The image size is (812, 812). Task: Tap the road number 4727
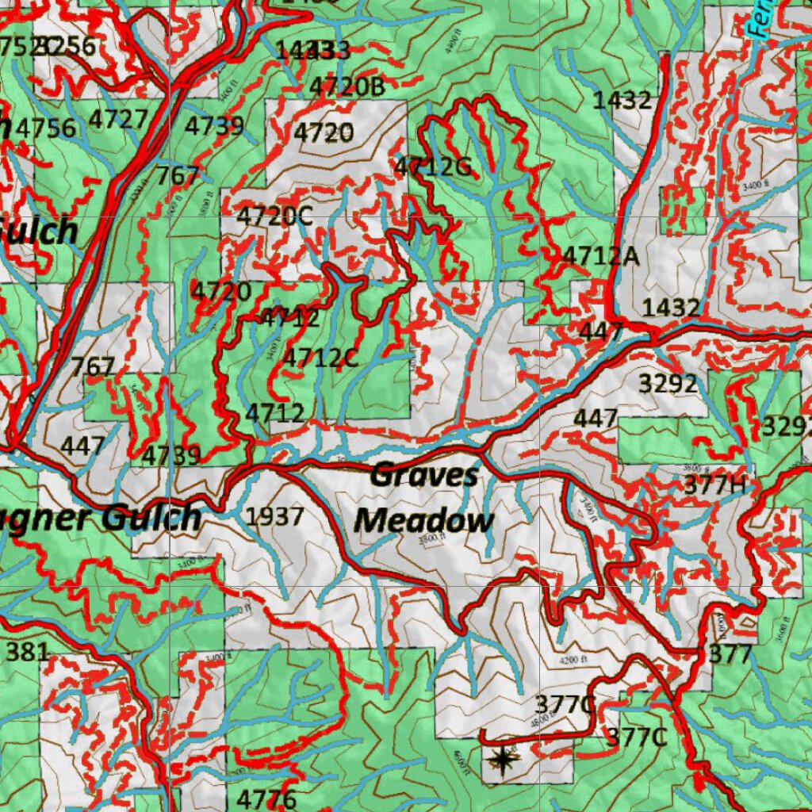(x=118, y=120)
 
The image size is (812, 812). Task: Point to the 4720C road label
(x=274, y=216)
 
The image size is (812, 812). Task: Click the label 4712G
(x=433, y=167)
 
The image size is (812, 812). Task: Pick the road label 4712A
(x=600, y=256)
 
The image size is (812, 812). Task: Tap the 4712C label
(x=320, y=358)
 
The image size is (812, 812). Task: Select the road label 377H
(x=714, y=485)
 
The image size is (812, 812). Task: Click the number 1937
(x=274, y=517)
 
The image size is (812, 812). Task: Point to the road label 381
(x=28, y=653)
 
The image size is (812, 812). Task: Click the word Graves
(x=424, y=476)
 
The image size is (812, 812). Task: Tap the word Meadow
(x=423, y=522)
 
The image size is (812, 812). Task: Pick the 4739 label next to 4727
(x=214, y=126)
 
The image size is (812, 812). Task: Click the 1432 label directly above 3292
(x=671, y=308)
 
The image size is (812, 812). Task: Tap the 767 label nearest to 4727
(x=178, y=175)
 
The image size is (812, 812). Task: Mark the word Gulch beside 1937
(x=151, y=518)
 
